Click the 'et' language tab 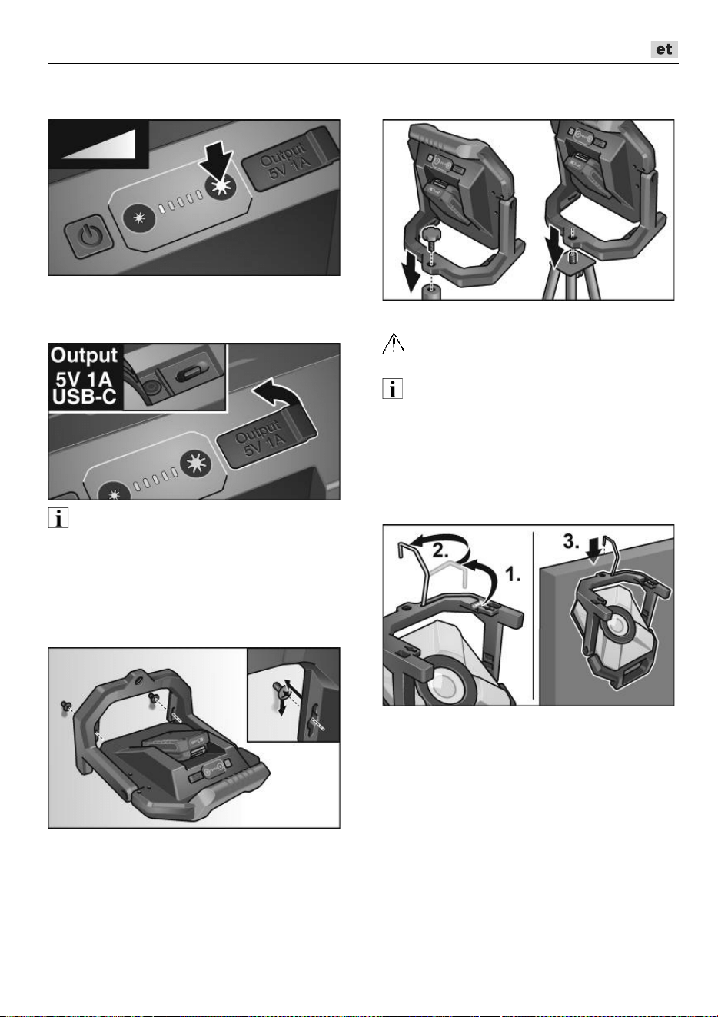point(664,49)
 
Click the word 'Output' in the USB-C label point(84,355)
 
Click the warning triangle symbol point(394,344)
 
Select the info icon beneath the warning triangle point(393,389)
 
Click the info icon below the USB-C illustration point(58,517)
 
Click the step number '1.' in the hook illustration point(514,575)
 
